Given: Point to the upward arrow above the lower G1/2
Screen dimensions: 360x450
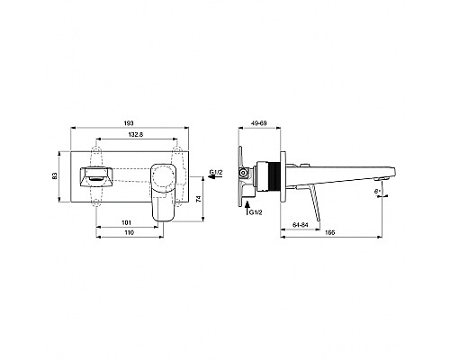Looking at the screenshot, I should [x=248, y=202].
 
